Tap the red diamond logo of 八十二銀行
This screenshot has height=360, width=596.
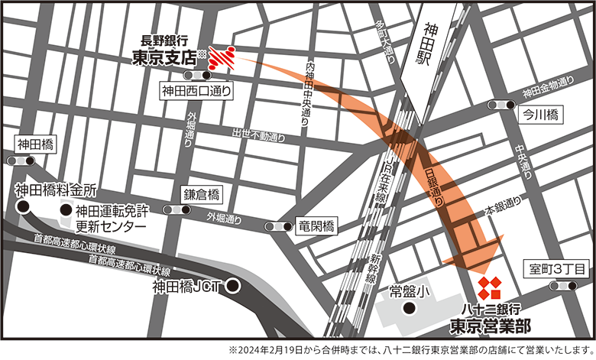489,288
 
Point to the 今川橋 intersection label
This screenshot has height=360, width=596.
540,116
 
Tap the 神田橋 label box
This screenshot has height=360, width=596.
37,143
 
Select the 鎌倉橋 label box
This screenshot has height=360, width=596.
202,193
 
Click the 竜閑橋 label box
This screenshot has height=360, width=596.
316,226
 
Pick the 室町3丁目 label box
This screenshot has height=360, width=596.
557,269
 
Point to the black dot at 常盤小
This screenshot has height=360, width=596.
410,309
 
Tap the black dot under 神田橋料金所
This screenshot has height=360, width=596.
24,206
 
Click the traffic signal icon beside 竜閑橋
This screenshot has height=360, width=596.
278,226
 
